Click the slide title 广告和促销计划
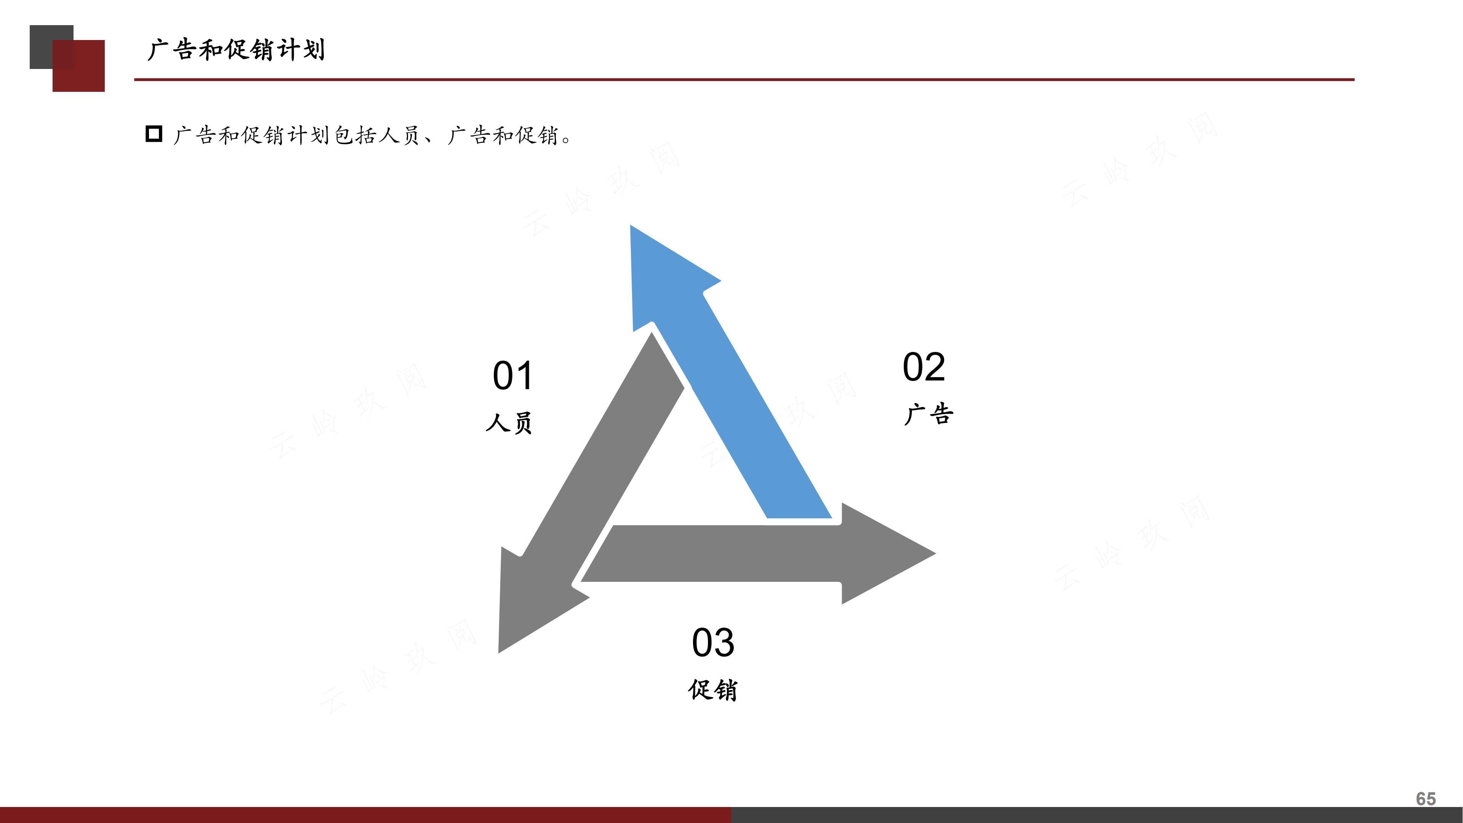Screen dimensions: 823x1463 tap(236, 50)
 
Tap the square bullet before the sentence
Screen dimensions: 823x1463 tap(154, 134)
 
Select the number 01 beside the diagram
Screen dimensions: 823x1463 tap(512, 376)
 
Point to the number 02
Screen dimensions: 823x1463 tap(924, 367)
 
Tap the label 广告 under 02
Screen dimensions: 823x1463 tap(928, 414)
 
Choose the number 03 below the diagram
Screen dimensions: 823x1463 tap(713, 643)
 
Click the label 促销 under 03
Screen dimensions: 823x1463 tap(713, 690)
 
